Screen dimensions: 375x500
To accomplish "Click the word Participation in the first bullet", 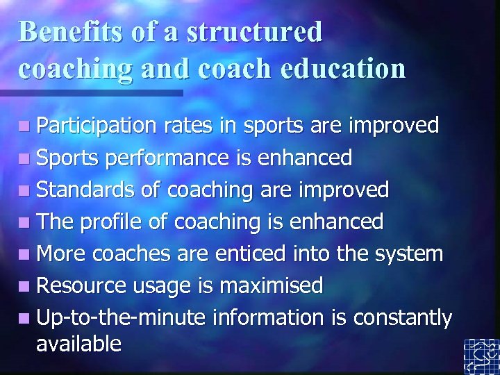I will click(x=97, y=126).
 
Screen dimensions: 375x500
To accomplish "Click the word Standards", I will click(x=83, y=190).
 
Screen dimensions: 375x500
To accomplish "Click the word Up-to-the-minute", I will click(x=122, y=318).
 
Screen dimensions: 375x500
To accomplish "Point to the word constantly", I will click(x=403, y=318).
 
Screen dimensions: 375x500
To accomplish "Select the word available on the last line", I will click(x=78, y=343).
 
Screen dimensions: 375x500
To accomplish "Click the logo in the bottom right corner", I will click(x=481, y=356).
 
